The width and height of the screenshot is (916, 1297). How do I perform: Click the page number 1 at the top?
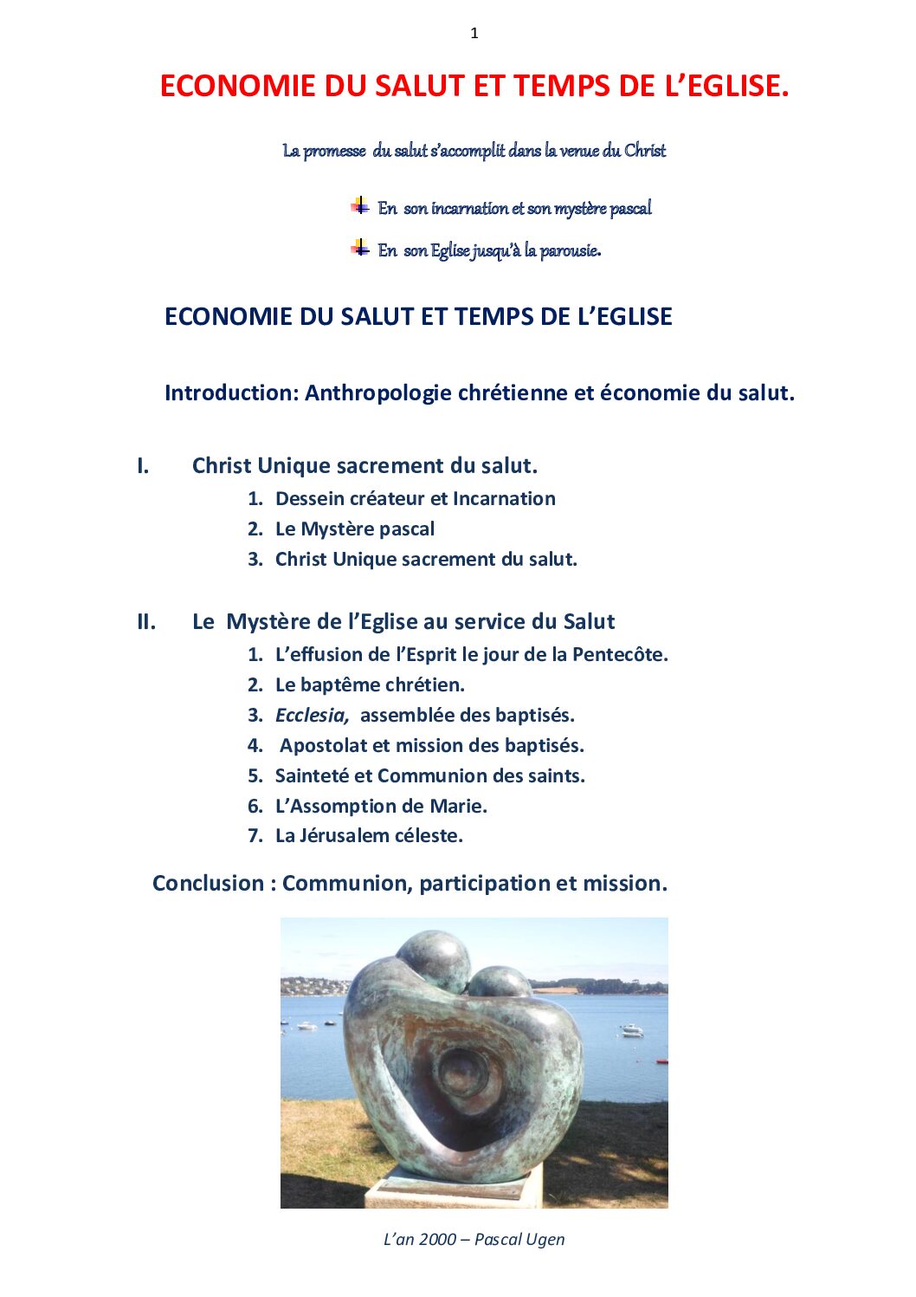point(474,34)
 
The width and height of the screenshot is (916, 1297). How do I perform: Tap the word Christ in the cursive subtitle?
point(645,151)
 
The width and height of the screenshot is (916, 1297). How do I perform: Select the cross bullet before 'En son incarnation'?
point(360,206)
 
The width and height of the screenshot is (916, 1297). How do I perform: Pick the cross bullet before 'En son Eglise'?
point(360,249)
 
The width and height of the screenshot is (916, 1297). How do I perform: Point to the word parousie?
point(571,251)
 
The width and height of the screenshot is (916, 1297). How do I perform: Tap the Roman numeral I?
point(143,466)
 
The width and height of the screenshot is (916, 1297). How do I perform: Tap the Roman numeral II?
point(146,622)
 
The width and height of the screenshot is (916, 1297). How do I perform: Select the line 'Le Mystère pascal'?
point(354,529)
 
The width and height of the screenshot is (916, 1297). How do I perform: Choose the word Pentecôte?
point(620,655)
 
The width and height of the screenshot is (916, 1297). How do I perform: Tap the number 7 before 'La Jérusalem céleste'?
point(255,836)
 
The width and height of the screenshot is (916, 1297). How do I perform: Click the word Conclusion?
point(209,884)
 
